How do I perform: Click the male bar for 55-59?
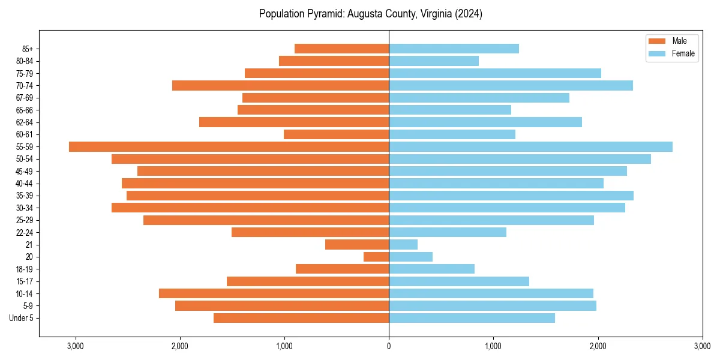click(x=229, y=146)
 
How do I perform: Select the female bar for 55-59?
click(x=530, y=146)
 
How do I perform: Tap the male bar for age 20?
click(x=376, y=257)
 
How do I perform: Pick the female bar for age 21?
click(x=403, y=244)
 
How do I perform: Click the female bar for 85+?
click(x=454, y=49)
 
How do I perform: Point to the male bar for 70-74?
click(x=280, y=85)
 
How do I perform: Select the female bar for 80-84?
click(x=434, y=61)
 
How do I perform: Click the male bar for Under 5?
click(x=301, y=318)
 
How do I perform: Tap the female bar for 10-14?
click(x=491, y=293)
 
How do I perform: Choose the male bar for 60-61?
click(x=336, y=134)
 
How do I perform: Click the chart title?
click(x=371, y=14)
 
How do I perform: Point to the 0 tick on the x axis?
click(x=389, y=346)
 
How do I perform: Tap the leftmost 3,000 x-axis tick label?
click(x=76, y=346)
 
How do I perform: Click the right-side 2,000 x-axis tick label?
click(x=598, y=346)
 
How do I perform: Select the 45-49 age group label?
click(x=24, y=171)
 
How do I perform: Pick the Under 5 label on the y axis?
click(x=22, y=318)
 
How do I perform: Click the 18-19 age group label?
click(x=24, y=269)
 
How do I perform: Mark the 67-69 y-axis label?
click(x=24, y=98)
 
